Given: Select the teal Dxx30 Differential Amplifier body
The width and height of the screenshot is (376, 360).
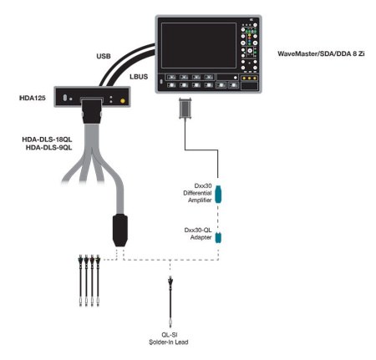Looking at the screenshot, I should point(219,195).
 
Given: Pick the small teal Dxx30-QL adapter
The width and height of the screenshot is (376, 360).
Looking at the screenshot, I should point(219,237).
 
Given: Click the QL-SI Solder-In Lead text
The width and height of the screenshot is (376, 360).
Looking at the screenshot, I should point(170,336).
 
